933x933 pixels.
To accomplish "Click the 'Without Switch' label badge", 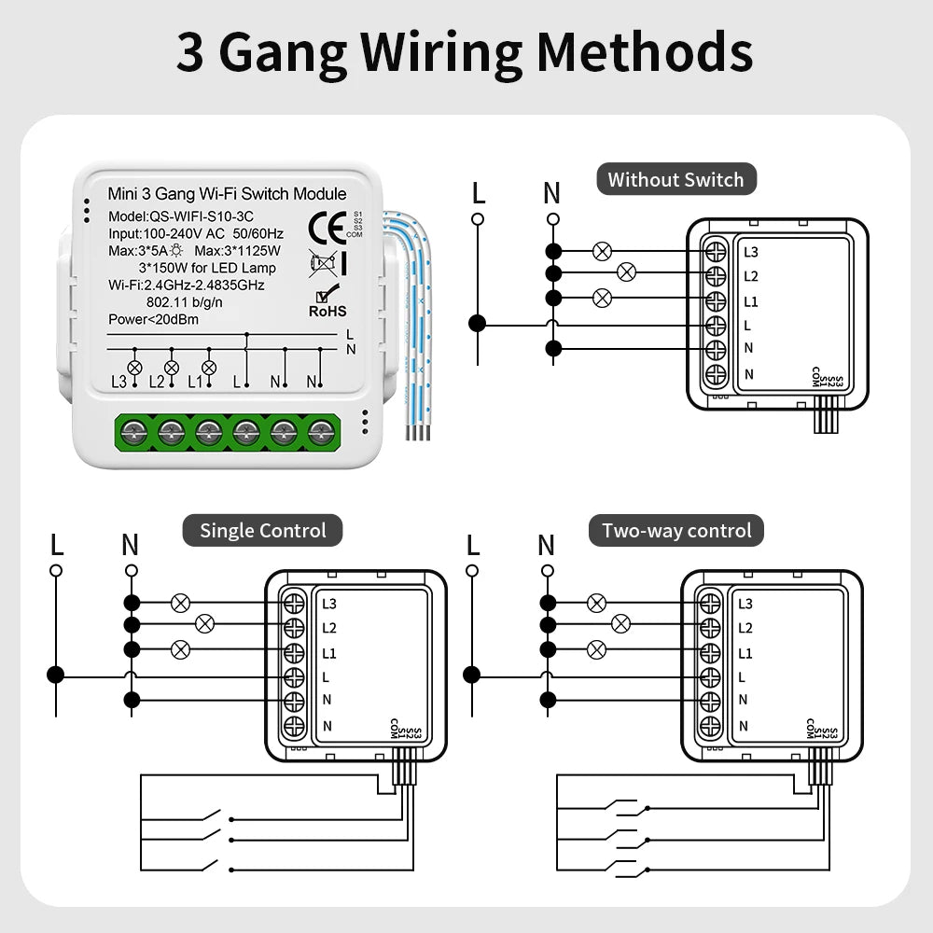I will click(x=675, y=179).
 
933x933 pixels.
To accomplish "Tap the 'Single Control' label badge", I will click(x=262, y=531).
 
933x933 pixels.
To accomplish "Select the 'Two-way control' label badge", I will click(x=675, y=531).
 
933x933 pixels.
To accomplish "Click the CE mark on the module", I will click(x=327, y=226).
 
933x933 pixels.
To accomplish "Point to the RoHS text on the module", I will click(x=327, y=311).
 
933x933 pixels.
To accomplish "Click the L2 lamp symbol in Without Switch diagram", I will click(x=627, y=272).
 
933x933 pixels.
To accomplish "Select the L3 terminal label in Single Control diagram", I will click(x=328, y=604).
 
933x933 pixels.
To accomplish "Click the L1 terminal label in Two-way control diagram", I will click(x=745, y=653).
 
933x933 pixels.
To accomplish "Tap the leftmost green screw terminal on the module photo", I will click(x=133, y=431).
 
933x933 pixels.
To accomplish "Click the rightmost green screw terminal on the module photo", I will click(x=321, y=431).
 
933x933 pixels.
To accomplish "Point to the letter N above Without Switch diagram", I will click(x=552, y=193).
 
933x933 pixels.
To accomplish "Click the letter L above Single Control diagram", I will click(x=57, y=544).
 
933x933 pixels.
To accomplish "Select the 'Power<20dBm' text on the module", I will click(x=153, y=319).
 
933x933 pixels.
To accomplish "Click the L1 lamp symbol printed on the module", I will click(x=209, y=367).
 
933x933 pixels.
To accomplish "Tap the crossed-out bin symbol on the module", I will click(x=322, y=265).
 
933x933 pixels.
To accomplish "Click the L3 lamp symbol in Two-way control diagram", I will click(x=597, y=604).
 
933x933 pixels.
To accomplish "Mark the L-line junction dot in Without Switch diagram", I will click(x=478, y=324).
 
